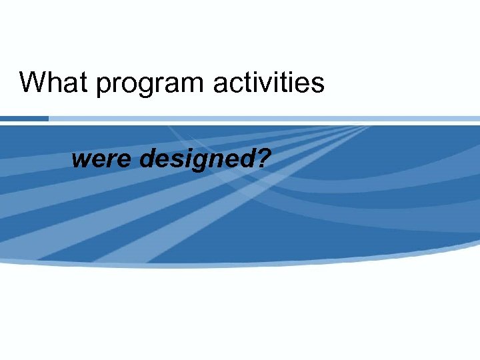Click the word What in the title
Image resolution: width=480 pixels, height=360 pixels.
[54, 83]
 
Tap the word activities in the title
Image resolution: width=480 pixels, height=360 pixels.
[269, 83]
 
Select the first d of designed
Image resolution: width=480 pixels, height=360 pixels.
[149, 159]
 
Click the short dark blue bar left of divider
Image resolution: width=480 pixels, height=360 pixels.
[24, 119]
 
